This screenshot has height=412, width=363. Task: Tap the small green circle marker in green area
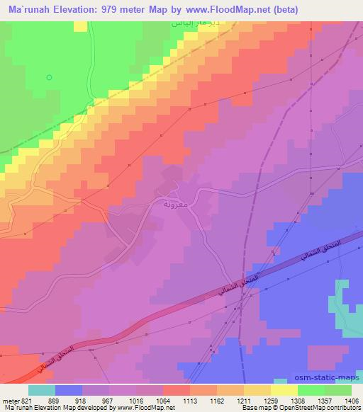tap(49, 77)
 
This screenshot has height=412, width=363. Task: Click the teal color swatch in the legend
tap(42, 390)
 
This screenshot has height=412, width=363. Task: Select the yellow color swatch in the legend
tap(284, 390)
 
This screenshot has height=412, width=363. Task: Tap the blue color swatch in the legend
tap(68, 390)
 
